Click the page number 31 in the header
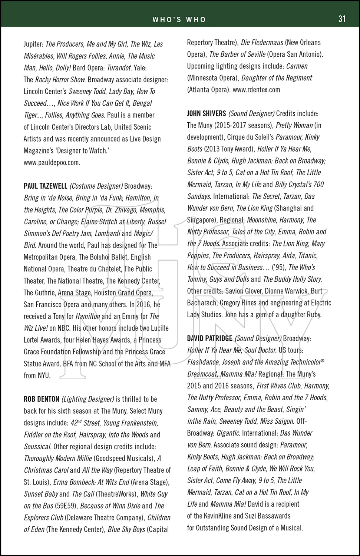tap(342, 19)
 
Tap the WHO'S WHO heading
tap(179, 20)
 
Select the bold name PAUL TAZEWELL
tap(46, 186)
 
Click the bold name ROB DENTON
tap(42, 399)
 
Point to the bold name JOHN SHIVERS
tap(207, 113)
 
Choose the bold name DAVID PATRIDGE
tap(209, 338)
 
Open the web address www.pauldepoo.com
tap(52, 162)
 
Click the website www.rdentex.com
tap(257, 90)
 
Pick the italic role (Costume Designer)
tap(96, 186)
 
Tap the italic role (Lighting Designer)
tap(88, 399)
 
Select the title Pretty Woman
tap(294, 125)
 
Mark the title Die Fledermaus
tap(262, 43)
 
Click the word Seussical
tap(37, 447)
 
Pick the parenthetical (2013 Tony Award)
tap(229, 149)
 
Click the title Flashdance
tap(205, 362)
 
